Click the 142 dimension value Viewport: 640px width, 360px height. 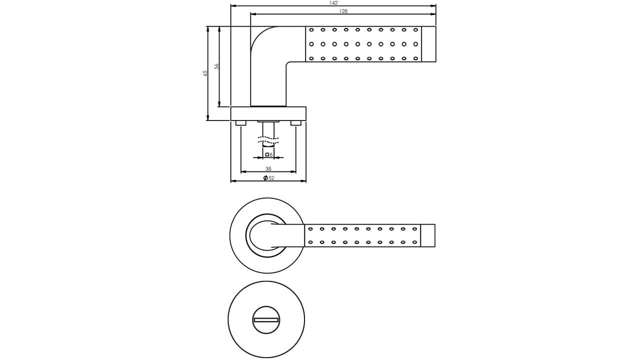(x=333, y=3)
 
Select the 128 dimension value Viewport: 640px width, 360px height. (x=343, y=11)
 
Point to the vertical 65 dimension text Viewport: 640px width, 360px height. (x=205, y=73)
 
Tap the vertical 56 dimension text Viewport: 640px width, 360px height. (x=216, y=66)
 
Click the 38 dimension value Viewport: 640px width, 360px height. (x=268, y=169)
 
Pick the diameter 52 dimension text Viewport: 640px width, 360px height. (x=271, y=178)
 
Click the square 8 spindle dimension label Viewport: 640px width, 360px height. (x=269, y=155)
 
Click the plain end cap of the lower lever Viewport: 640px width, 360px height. (x=427, y=235)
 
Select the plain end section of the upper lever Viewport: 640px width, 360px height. (x=428, y=44)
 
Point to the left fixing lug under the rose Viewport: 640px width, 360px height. (x=240, y=123)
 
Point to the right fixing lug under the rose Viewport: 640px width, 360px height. (x=296, y=123)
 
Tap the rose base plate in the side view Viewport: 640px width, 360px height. (x=268, y=113)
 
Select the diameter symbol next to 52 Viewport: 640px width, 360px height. (x=265, y=178)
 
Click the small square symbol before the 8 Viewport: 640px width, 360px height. (x=267, y=155)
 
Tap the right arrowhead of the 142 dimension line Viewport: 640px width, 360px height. (x=434, y=6)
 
